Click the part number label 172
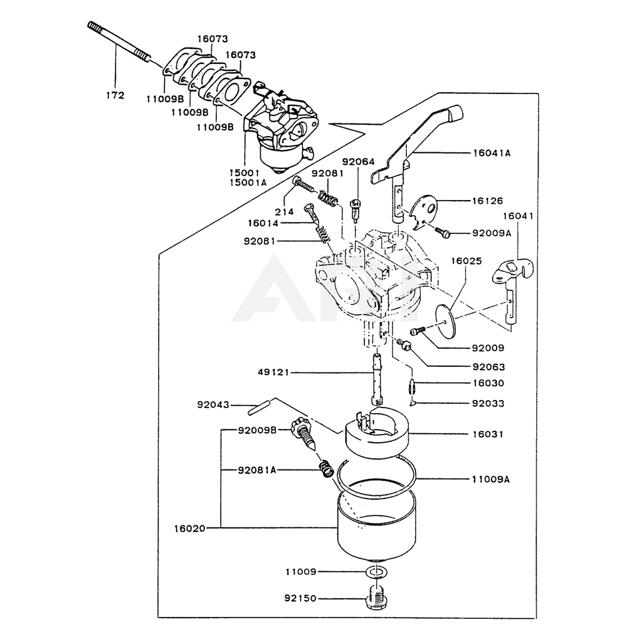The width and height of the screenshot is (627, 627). pyautogui.click(x=116, y=95)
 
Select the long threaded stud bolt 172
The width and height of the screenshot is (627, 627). pyautogui.click(x=119, y=43)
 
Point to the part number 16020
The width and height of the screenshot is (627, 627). pyautogui.click(x=190, y=529)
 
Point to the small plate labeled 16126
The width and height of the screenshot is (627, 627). pyautogui.click(x=423, y=210)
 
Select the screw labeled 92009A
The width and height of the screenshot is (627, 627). pyautogui.click(x=444, y=233)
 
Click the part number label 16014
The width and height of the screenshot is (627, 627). pyautogui.click(x=264, y=223)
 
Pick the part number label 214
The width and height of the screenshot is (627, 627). pyautogui.click(x=284, y=212)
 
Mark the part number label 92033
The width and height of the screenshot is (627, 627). pyautogui.click(x=487, y=403)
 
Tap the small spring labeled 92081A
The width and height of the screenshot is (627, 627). pyautogui.click(x=325, y=467)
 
